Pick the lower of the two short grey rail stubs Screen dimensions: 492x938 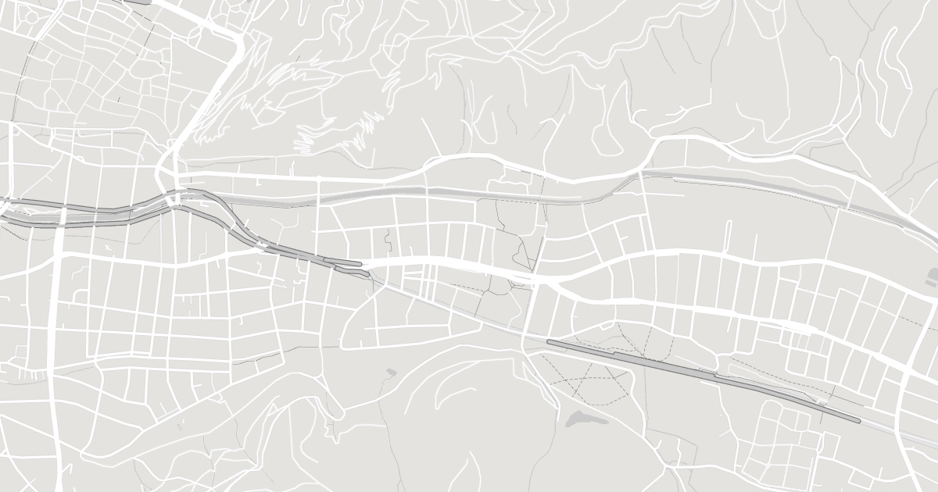tap(352, 272)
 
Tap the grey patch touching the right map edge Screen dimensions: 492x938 tap(933, 274)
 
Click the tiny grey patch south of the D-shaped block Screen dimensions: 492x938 tap(391, 372)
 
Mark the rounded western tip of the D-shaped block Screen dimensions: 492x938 tap(342, 344)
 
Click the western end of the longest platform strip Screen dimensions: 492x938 tap(550, 342)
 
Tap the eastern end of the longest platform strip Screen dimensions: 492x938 tap(857, 421)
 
